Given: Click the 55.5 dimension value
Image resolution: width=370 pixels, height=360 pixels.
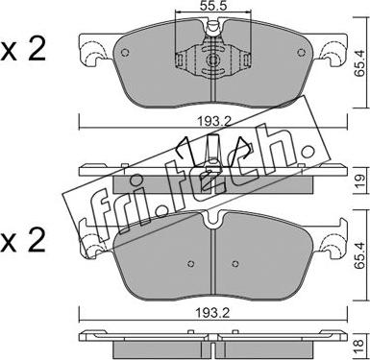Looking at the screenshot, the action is [x=213, y=6].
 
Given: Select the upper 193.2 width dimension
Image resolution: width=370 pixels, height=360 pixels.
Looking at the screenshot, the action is [x=213, y=121].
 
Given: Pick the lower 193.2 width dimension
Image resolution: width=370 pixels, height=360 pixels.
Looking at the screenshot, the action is [x=213, y=313].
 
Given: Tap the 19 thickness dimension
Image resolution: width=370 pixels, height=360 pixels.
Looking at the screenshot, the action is [x=359, y=181].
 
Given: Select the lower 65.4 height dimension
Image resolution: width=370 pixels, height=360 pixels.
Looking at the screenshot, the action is [x=359, y=256].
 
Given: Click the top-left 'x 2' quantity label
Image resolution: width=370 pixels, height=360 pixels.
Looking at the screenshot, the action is [x=23, y=50].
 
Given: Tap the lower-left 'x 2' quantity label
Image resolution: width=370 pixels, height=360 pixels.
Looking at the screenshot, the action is [x=23, y=241].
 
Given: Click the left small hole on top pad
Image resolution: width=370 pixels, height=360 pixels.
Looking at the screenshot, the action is [x=125, y=52].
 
